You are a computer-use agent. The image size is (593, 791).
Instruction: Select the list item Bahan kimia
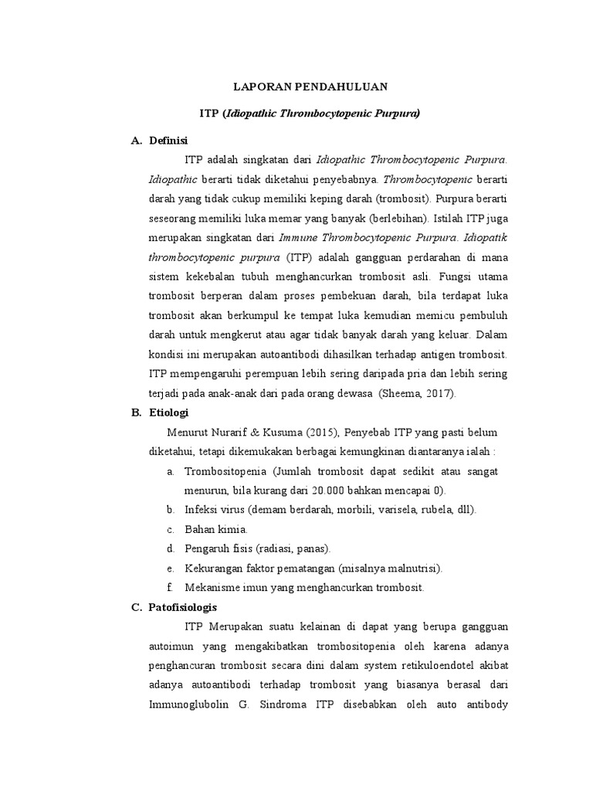(216, 529)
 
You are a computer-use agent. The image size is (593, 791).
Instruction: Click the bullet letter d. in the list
(170, 548)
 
